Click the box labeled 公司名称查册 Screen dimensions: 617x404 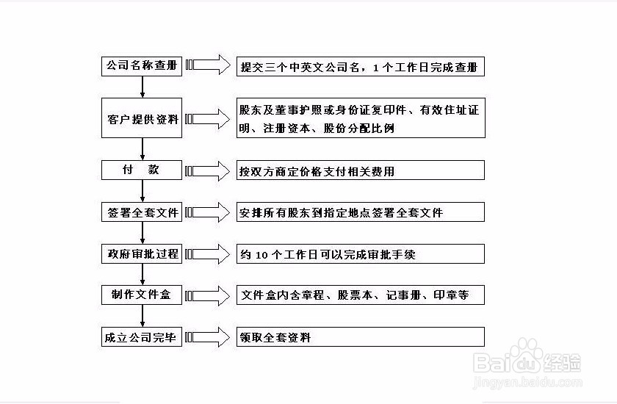142,67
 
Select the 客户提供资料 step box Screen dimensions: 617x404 142,118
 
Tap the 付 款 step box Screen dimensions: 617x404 142,170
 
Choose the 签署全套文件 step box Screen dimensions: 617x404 142,212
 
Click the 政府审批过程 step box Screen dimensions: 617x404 142,253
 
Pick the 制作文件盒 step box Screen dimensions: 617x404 142,295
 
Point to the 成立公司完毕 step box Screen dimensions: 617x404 142,336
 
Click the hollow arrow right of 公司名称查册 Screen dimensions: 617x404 208,65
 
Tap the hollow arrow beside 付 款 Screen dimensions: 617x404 208,170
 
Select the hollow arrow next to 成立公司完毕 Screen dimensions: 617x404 208,337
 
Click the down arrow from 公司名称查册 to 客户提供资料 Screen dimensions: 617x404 142,87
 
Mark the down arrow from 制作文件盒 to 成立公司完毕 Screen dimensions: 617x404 142,316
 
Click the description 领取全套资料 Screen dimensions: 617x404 275,337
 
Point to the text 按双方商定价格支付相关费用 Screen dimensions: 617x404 317,171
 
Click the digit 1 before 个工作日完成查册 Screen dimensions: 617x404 375,68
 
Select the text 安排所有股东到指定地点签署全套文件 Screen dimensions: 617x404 341,213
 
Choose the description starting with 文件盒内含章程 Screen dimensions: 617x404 355,295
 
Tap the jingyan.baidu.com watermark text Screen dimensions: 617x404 527,381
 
